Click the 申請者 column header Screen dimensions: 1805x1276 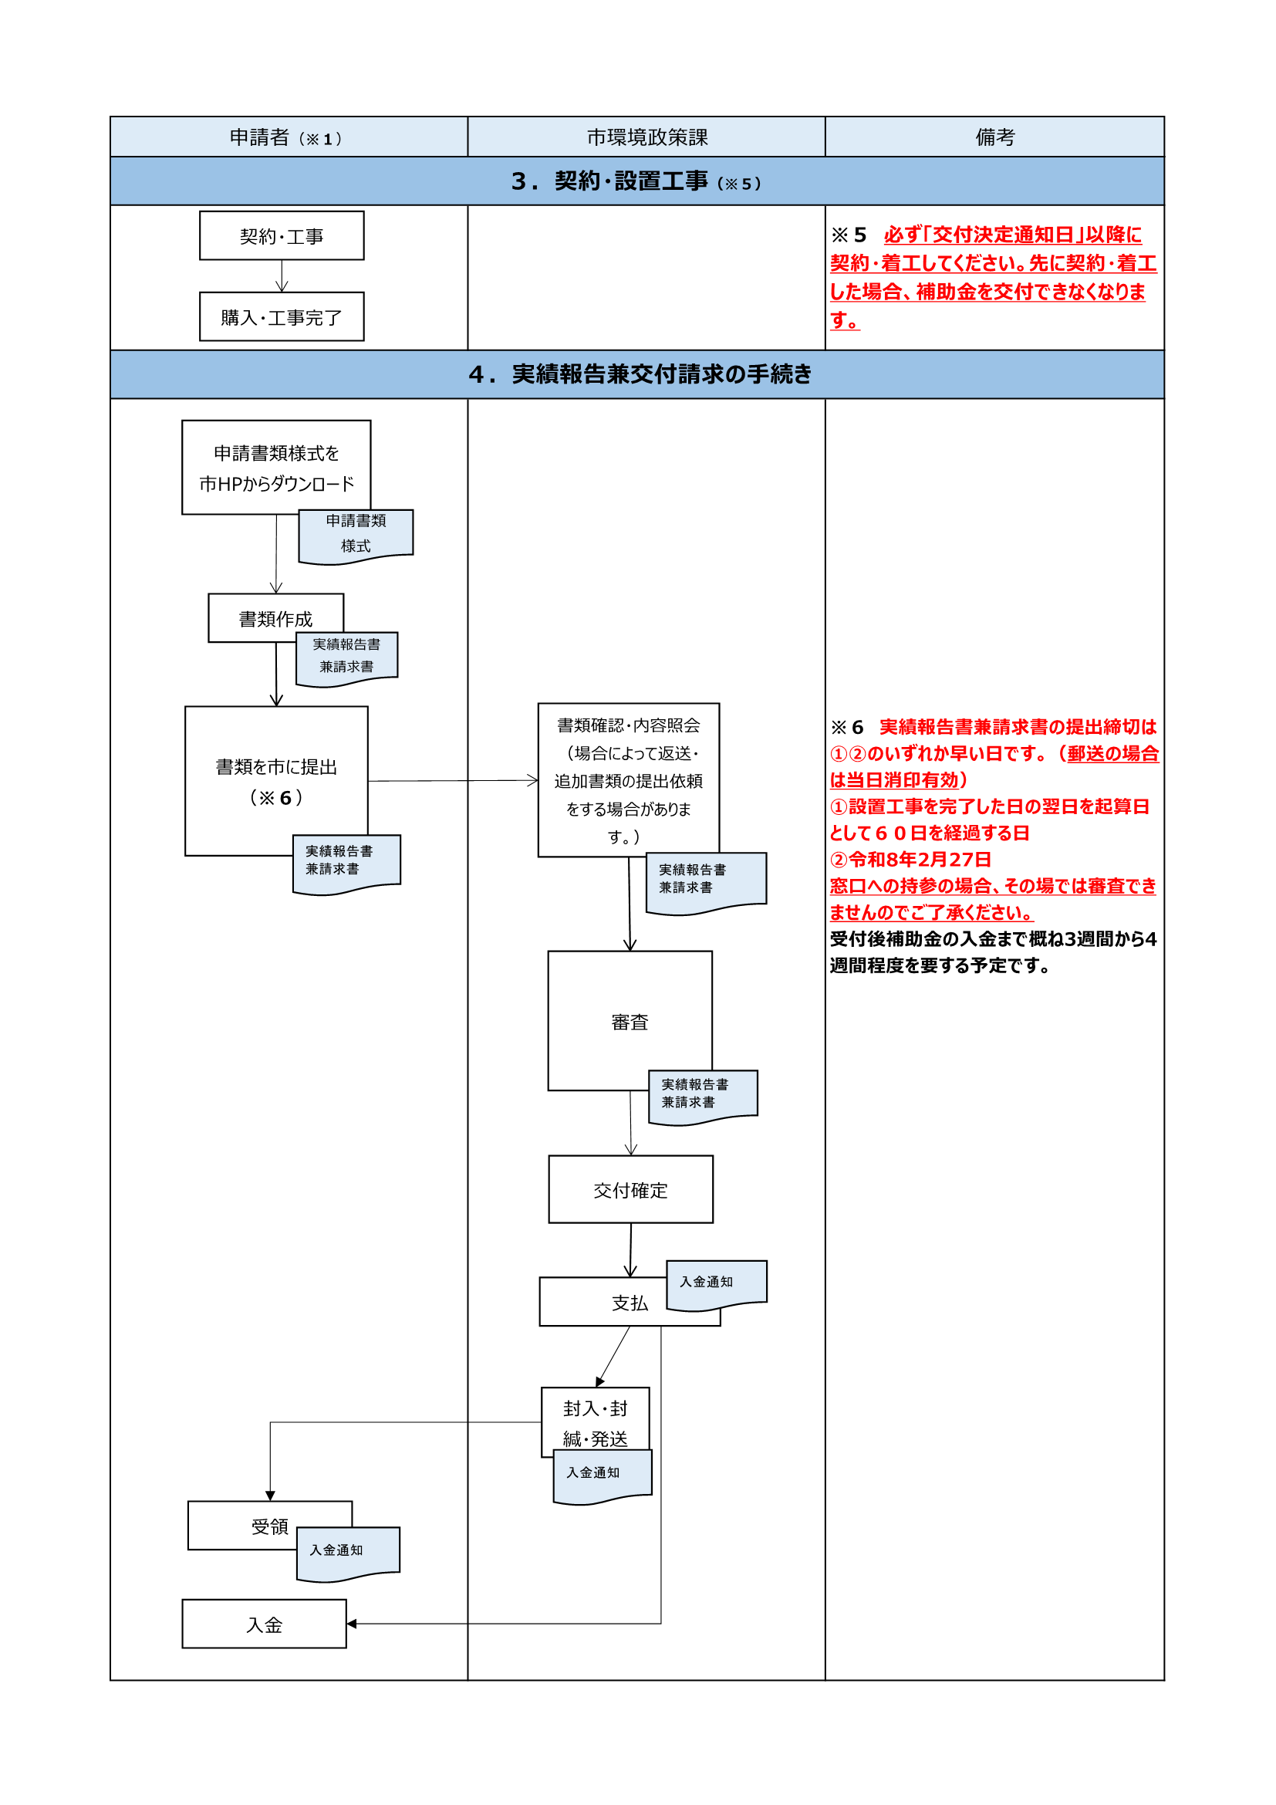tap(288, 137)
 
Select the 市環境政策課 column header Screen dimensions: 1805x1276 tap(646, 137)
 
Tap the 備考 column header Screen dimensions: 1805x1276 tap(994, 137)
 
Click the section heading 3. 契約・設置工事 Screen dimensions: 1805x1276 tap(636, 181)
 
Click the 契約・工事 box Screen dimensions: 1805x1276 tap(282, 236)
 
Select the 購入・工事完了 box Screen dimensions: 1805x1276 tap(282, 317)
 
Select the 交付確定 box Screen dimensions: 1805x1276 tap(630, 1189)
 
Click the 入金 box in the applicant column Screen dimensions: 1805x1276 tap(264, 1624)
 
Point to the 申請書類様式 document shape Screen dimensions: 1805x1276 tap(356, 534)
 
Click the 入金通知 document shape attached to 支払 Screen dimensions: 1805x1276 tap(715, 1283)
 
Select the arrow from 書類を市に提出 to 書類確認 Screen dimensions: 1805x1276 tap(453, 781)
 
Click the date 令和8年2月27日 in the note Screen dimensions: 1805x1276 tap(920, 859)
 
